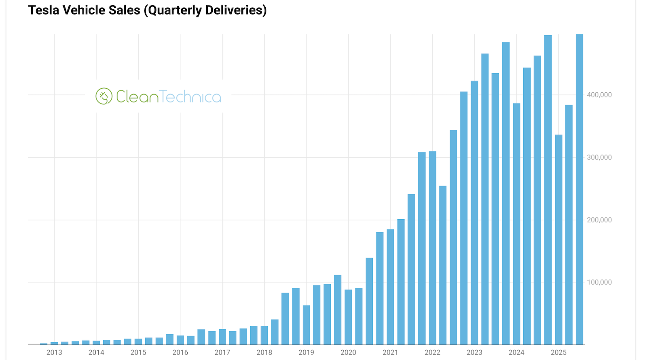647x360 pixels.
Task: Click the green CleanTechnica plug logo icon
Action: click(104, 96)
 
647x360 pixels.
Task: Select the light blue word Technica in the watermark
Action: click(190, 97)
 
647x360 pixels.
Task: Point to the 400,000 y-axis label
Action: click(599, 95)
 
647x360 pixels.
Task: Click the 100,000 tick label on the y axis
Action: click(599, 282)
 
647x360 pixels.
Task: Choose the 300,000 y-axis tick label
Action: click(599, 157)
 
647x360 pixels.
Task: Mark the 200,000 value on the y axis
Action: click(599, 220)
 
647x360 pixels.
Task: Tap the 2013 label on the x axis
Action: click(54, 352)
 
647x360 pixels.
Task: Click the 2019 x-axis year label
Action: click(306, 352)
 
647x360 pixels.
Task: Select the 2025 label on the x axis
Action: click(558, 352)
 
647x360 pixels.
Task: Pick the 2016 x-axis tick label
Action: click(180, 352)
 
